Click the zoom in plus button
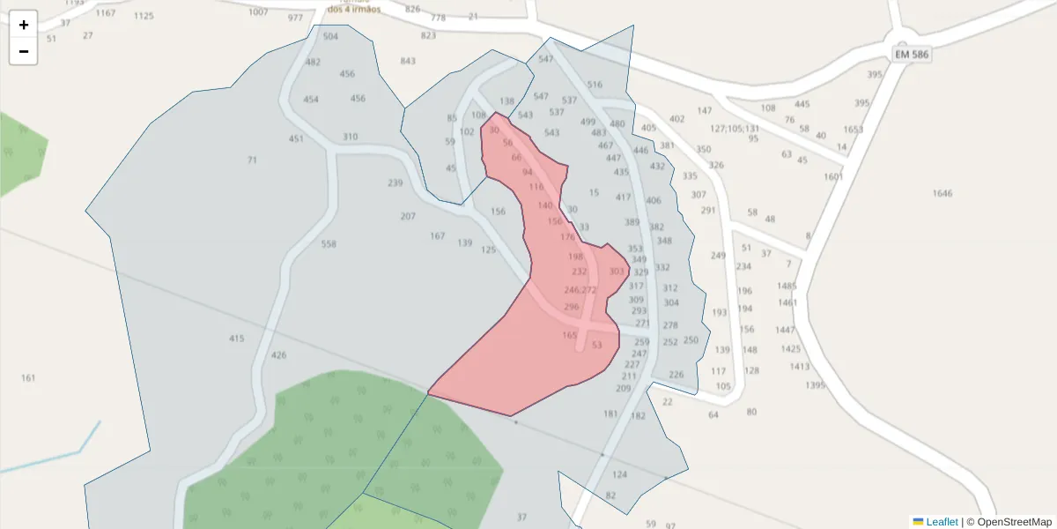click(24, 25)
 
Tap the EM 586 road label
click(912, 54)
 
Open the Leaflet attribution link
click(941, 522)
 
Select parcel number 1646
click(942, 193)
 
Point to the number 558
click(329, 244)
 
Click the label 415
click(236, 339)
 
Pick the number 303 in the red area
click(617, 272)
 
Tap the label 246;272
click(580, 290)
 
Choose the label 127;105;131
click(735, 128)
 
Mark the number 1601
click(833, 176)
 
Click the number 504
click(330, 36)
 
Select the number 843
click(408, 61)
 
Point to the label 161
click(28, 378)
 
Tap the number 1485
click(787, 286)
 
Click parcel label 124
click(619, 474)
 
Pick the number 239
click(395, 183)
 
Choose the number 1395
click(815, 385)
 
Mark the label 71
click(252, 160)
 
